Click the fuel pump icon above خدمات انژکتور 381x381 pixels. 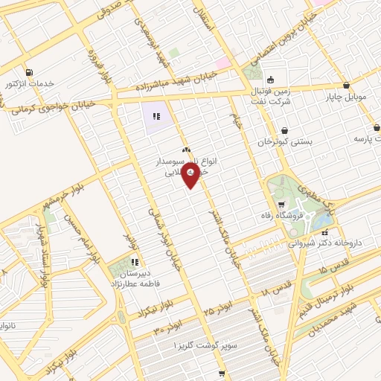pos(29,72)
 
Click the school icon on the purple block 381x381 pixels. pos(156,116)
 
